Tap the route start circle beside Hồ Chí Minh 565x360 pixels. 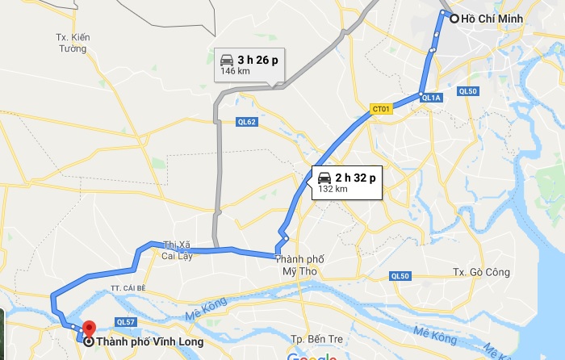454,19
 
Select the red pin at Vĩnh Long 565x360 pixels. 88,329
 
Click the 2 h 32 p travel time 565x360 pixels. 356,178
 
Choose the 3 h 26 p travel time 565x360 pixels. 257,60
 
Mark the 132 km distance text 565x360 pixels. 333,189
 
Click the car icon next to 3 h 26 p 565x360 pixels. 227,60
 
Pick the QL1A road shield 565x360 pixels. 431,98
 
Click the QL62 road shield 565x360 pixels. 246,123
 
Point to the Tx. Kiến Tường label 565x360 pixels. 71,43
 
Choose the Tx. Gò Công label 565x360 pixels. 482,272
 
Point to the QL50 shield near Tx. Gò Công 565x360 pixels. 400,276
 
